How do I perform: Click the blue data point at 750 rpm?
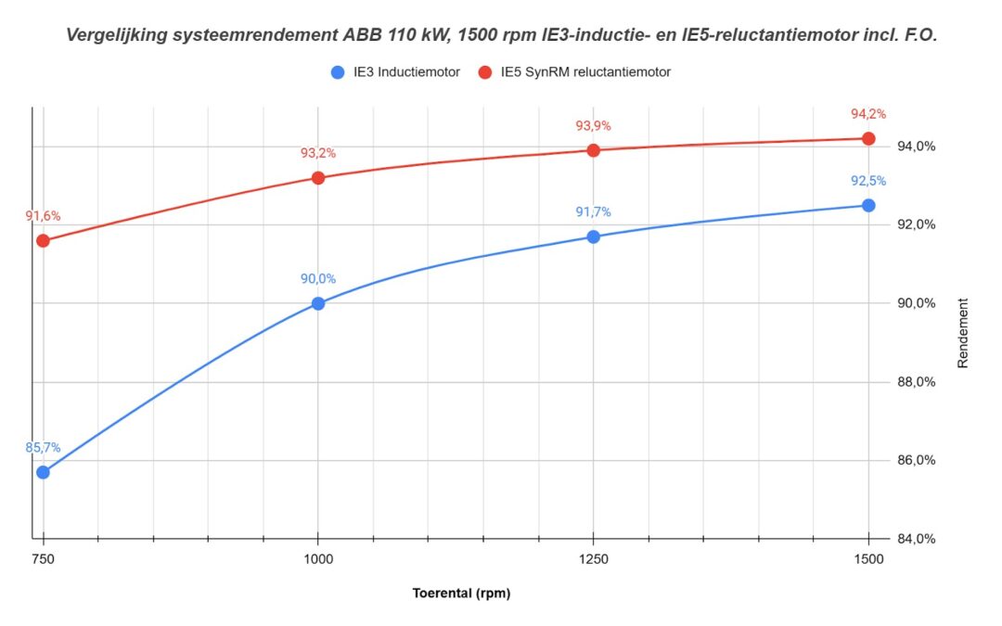click(43, 472)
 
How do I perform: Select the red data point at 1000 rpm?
click(318, 177)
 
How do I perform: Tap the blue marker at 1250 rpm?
click(594, 236)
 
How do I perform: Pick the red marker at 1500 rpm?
click(868, 138)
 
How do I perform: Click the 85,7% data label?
click(43, 447)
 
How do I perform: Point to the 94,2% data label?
click(868, 114)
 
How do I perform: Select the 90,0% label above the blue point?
click(318, 278)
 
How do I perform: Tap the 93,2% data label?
click(318, 153)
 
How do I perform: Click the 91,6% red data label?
click(43, 216)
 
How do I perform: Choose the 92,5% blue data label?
click(868, 181)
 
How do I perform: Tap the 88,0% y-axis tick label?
click(914, 382)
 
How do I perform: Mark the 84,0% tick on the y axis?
click(914, 539)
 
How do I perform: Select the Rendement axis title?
click(963, 333)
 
